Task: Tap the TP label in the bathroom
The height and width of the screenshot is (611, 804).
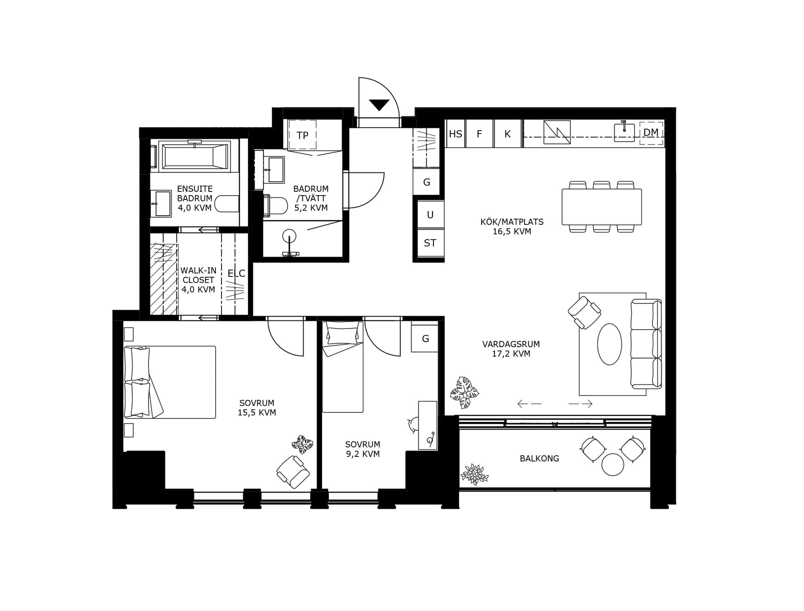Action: coord(302,135)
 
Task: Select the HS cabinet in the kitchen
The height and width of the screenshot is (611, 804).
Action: coord(456,134)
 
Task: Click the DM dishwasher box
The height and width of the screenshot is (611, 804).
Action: coord(651,133)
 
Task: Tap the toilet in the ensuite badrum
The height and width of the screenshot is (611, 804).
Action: coord(227,204)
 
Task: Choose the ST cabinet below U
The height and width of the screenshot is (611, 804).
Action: coord(430,243)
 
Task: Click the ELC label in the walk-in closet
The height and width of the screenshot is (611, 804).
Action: coord(236,273)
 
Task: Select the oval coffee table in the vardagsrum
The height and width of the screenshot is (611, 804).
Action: coord(609,344)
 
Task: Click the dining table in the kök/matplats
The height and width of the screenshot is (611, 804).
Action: coord(601,207)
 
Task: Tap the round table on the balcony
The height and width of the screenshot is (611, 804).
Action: coord(613,464)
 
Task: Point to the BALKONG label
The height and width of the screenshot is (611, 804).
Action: coord(539,459)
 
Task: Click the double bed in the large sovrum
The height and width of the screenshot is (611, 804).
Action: coord(170,382)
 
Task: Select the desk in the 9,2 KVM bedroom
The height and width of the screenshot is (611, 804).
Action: coord(428,425)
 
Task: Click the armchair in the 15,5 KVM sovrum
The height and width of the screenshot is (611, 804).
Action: coord(293,472)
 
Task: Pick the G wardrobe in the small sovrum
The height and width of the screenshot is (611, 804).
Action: coord(425,338)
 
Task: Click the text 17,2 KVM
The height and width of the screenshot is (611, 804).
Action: coord(511,354)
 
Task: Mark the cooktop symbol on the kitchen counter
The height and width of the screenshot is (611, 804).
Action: coord(557,132)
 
